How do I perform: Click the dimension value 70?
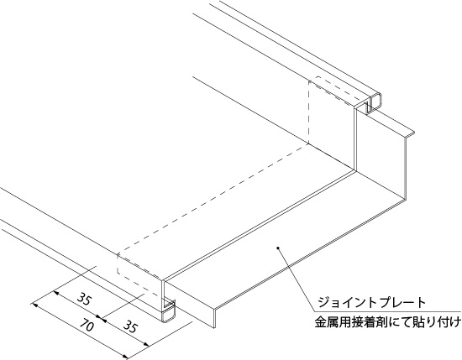[x=87, y=326]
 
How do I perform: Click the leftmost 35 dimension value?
[x=85, y=298]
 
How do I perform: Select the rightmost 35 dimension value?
[x=130, y=326]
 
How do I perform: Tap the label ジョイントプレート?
[x=371, y=302]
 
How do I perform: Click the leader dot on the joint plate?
[x=277, y=248]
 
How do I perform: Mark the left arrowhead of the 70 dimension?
[x=34, y=305]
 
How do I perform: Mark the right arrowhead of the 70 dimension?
[x=125, y=356]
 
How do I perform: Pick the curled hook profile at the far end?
[x=374, y=102]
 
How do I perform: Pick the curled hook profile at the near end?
[x=169, y=310]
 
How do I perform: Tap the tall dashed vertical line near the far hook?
[x=308, y=112]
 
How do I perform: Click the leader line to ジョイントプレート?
[x=297, y=279]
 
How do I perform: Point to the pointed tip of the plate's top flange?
[x=414, y=132]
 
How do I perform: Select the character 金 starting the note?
[x=320, y=322]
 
